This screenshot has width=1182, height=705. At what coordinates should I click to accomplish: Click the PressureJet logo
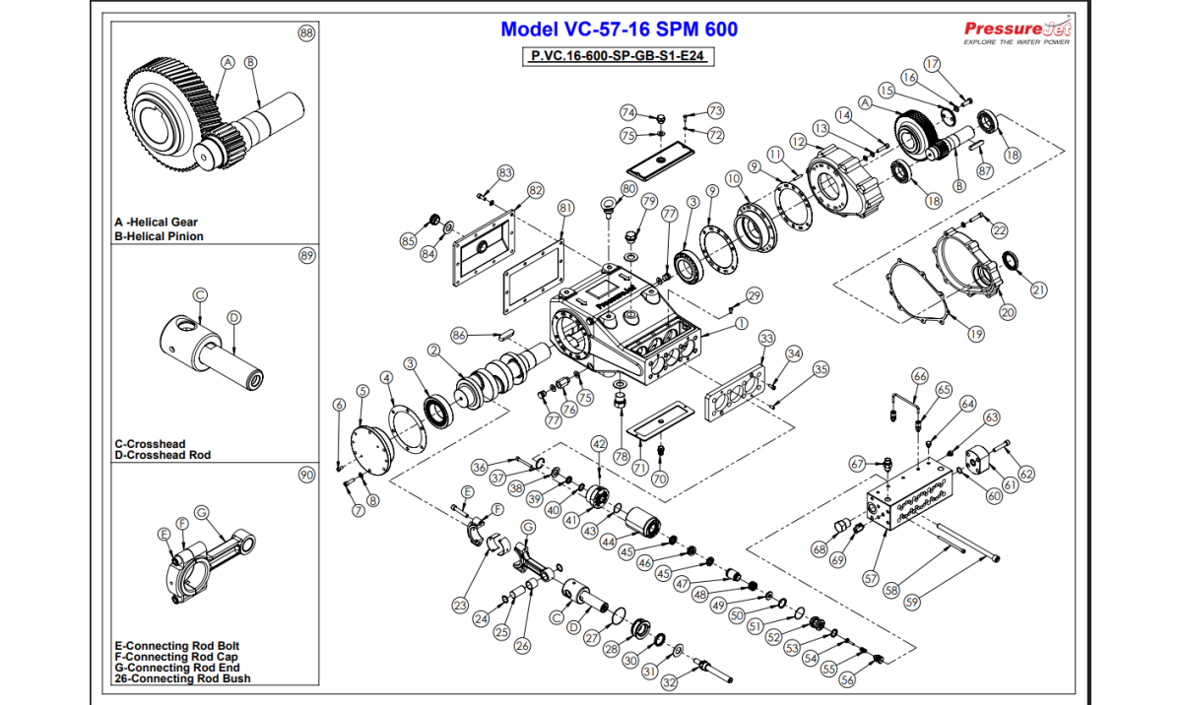pos(1018,32)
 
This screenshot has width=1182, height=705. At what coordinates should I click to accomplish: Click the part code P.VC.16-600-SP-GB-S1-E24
pos(617,56)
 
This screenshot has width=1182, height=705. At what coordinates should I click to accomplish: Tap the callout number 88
pos(306,33)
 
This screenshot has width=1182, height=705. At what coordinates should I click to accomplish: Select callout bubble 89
pos(306,256)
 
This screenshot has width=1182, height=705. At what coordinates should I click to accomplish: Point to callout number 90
pos(306,476)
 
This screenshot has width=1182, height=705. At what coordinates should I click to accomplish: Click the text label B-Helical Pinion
pos(159,236)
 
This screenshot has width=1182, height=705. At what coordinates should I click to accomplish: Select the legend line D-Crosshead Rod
pos(163,455)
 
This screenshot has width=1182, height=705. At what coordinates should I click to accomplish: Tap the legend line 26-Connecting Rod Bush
pos(182,678)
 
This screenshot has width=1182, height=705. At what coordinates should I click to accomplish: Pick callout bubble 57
pos(870,578)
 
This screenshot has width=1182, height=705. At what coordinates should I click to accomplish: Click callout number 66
pos(920,376)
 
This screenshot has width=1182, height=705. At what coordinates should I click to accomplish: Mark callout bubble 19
pos(975,334)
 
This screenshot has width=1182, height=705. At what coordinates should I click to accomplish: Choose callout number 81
pos(565,208)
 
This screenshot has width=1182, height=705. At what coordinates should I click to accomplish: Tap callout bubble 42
pos(598,444)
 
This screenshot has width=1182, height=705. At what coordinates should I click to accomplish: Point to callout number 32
pos(669,681)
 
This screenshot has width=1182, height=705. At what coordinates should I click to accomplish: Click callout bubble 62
pos(1026,475)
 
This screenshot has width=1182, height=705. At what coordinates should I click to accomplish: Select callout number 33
pos(767,339)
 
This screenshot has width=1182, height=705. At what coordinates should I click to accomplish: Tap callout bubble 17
pos(932,64)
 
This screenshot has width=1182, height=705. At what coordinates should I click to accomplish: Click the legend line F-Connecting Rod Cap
pos(176,657)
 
